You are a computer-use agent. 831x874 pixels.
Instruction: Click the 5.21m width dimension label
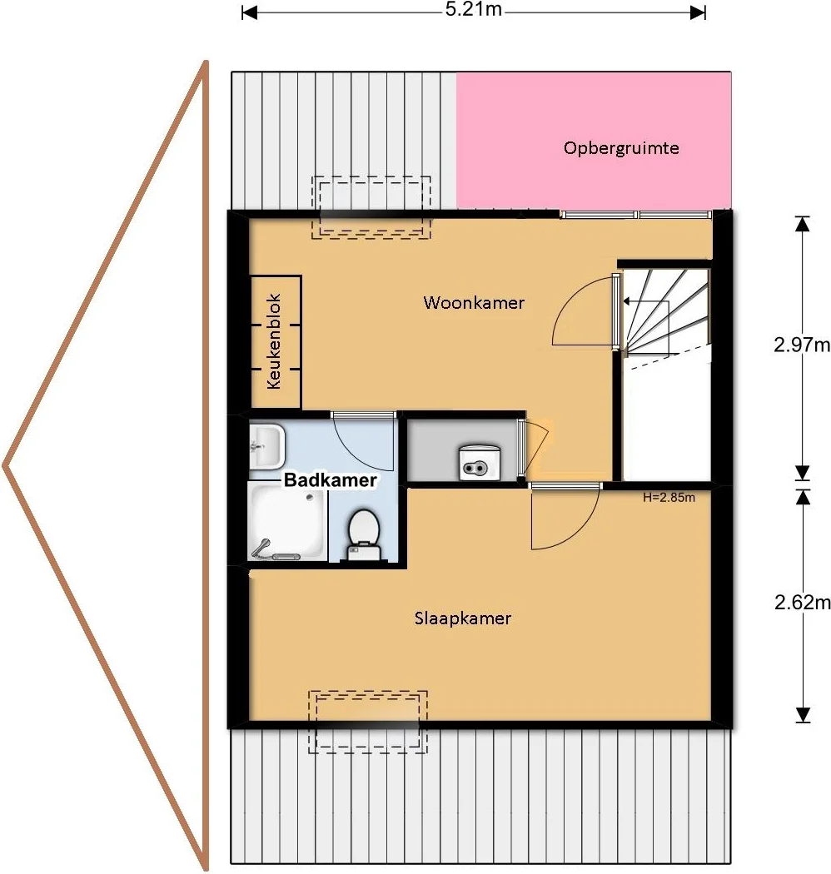click(x=473, y=9)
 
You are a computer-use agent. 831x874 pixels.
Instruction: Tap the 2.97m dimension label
click(x=802, y=345)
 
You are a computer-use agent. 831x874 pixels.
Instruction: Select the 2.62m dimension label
click(x=802, y=602)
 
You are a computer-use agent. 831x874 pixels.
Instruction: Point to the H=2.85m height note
click(x=669, y=497)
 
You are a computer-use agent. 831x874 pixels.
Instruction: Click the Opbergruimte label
click(x=620, y=148)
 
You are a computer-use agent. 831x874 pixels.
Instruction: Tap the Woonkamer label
click(x=474, y=303)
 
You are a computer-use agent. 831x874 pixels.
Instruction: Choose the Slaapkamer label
click(x=462, y=618)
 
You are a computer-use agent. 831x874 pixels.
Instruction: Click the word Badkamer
click(x=331, y=480)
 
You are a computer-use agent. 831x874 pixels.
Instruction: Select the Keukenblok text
click(x=273, y=341)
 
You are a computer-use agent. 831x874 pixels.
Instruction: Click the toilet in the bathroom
click(x=364, y=534)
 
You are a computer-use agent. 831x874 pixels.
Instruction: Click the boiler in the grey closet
click(x=479, y=462)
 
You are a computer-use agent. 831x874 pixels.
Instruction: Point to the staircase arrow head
click(x=626, y=301)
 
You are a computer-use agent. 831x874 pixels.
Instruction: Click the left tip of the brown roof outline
click(x=4, y=465)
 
